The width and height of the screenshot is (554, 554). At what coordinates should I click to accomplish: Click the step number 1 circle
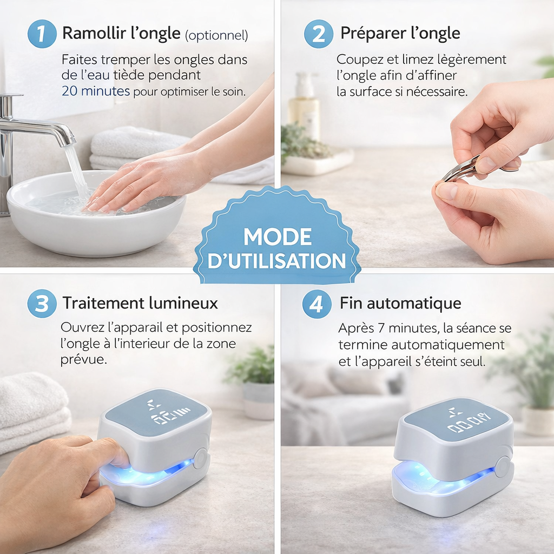(42, 34)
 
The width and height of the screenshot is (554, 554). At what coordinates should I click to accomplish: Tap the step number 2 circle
(319, 34)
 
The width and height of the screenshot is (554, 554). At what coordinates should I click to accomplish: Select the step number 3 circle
(42, 304)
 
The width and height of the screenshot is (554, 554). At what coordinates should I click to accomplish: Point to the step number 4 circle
(317, 304)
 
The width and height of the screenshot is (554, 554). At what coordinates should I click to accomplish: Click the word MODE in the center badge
(277, 236)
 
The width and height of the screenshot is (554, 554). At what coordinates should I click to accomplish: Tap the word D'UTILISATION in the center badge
(277, 261)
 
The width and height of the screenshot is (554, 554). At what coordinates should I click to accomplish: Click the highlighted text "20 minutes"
(96, 91)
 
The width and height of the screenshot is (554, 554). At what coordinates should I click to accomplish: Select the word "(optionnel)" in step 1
(216, 35)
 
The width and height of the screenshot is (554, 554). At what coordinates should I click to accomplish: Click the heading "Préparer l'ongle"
(400, 34)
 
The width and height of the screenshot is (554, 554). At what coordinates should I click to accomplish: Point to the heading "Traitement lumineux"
(140, 303)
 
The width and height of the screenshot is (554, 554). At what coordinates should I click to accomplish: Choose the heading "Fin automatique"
(400, 303)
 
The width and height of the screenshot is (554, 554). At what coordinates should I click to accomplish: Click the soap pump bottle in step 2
(304, 105)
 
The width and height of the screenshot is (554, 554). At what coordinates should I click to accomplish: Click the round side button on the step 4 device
(504, 466)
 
